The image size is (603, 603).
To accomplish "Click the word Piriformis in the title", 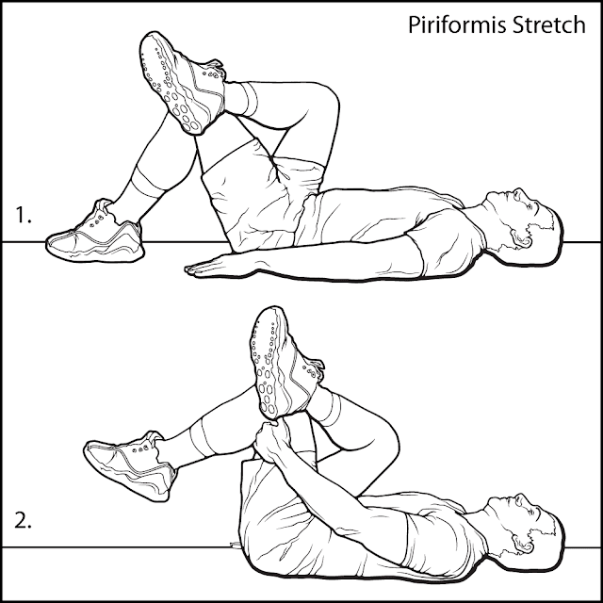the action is coord(457,26).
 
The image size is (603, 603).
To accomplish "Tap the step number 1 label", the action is coord(23,215).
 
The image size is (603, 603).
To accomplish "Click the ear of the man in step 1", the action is coord(521,238).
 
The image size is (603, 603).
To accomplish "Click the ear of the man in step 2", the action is coord(522,543).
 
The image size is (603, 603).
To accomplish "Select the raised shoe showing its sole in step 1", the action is coord(181,82).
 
